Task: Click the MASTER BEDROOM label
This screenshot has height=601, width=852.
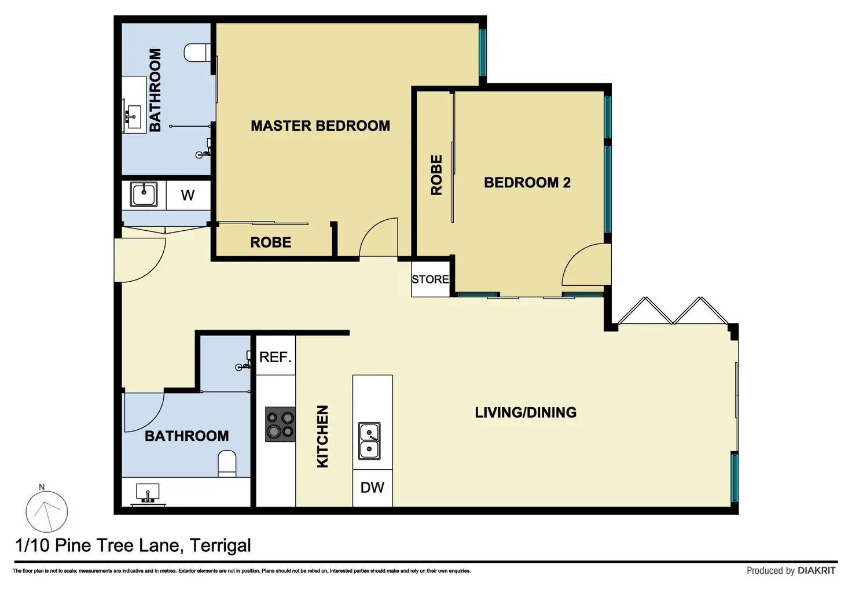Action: tap(320, 126)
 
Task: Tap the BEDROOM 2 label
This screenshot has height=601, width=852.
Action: tap(527, 183)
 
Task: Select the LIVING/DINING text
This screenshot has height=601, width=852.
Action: tap(526, 412)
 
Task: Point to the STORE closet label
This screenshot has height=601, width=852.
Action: tap(430, 279)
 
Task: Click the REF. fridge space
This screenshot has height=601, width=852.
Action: tap(276, 357)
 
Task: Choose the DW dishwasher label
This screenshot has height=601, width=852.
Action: tap(372, 488)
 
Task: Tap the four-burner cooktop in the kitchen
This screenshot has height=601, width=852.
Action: tap(280, 424)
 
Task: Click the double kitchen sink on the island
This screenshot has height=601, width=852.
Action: tap(369, 441)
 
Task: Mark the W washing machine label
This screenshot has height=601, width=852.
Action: tap(188, 196)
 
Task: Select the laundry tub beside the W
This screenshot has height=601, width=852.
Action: tap(144, 194)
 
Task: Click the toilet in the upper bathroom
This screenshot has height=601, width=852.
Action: tap(197, 53)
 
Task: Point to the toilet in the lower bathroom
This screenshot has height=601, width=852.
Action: tap(227, 463)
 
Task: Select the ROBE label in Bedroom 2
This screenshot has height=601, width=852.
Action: tap(436, 175)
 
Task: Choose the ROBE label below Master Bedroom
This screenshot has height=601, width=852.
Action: tap(271, 242)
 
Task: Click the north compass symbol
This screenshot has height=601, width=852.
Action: tap(46, 511)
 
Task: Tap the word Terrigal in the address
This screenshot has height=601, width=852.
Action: tap(220, 545)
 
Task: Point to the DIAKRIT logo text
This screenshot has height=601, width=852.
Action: tap(817, 570)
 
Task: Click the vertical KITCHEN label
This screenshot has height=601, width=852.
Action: tap(322, 436)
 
